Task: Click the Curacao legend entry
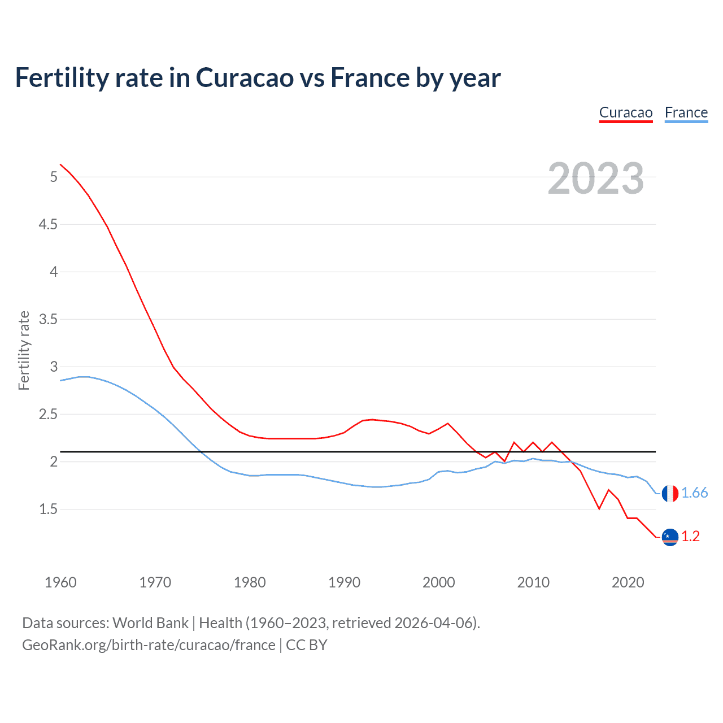tap(625, 112)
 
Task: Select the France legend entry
tap(686, 112)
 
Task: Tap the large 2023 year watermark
tap(595, 178)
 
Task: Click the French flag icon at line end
tap(669, 493)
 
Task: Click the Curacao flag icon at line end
tap(669, 537)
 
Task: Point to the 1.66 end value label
tap(694, 493)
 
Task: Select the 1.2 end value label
tap(690, 537)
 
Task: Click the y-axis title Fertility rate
tap(24, 350)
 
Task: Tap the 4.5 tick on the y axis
tap(48, 225)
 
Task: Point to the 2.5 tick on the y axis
tap(48, 415)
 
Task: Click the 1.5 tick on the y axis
tap(48, 509)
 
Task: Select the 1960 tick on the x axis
tap(60, 582)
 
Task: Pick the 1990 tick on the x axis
tap(344, 582)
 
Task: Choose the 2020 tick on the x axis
tap(628, 582)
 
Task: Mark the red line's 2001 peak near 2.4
tap(448, 423)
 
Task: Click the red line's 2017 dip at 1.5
tap(599, 509)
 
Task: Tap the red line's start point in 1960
tap(60, 164)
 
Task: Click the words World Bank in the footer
tap(150, 623)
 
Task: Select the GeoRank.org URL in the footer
tap(149, 645)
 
